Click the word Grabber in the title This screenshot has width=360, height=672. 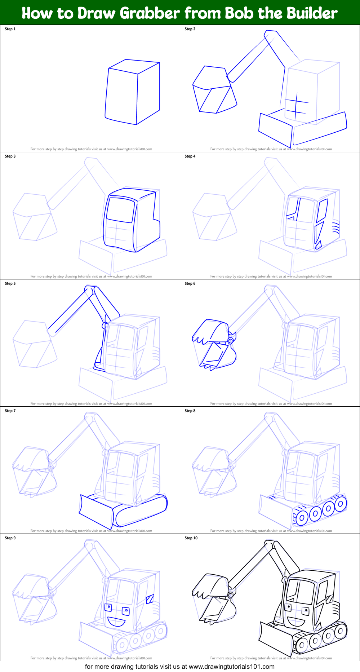click(x=149, y=13)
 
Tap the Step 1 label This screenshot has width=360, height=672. click(x=10, y=29)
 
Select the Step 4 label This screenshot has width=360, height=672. click(x=190, y=156)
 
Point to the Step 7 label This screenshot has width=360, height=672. click(x=10, y=411)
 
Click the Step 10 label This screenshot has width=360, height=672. click(x=191, y=538)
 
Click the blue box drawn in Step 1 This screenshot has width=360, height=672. click(x=133, y=92)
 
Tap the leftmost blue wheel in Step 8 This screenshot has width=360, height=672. click(x=302, y=518)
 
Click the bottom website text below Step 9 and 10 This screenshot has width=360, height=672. click(x=180, y=667)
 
